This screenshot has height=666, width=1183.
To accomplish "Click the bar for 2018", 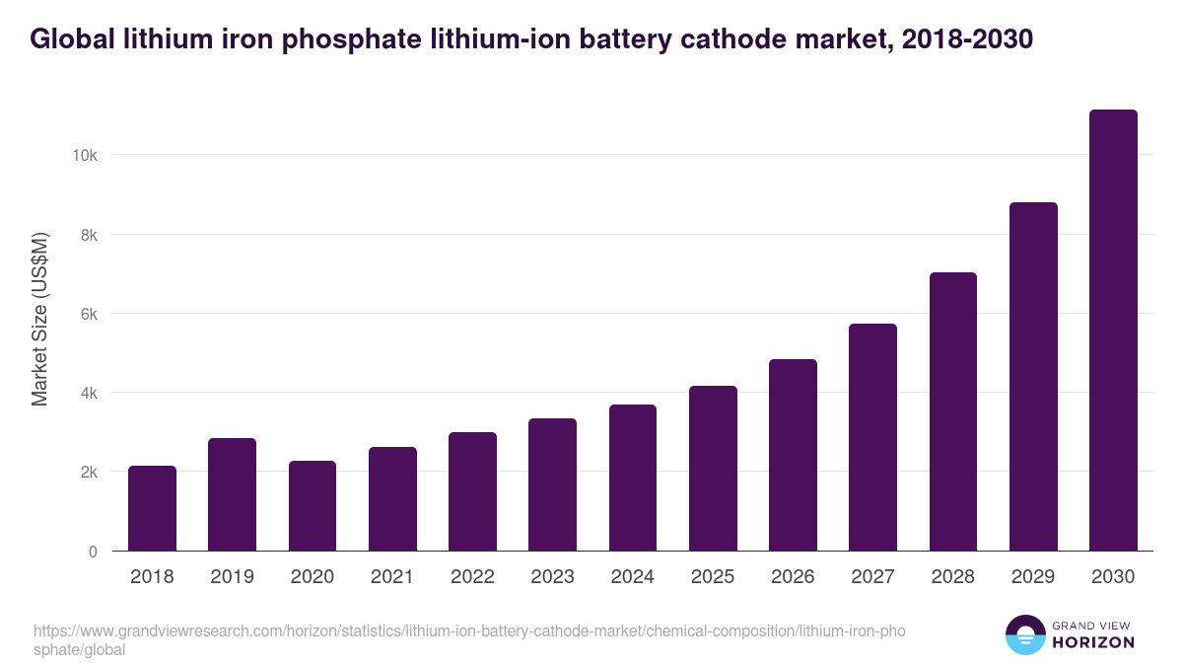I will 152,508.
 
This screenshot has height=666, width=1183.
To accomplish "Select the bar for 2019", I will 232,494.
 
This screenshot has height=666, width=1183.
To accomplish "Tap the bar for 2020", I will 313,506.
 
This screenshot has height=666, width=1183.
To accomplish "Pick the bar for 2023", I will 552,484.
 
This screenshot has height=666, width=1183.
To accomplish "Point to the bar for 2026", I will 793,455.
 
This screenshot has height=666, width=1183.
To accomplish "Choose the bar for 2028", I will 953,411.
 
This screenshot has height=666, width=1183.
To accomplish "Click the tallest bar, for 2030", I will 1113,331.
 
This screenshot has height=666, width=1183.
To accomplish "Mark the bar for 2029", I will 1033,377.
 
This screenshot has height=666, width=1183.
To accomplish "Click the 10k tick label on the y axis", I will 84,156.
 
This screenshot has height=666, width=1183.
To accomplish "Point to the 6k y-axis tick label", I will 87,314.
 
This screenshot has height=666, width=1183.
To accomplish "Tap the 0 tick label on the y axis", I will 93,552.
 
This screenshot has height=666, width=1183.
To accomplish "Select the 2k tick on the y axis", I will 87,473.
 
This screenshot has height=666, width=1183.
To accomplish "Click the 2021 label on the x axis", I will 392,577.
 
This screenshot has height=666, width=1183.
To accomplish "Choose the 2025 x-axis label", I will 713,577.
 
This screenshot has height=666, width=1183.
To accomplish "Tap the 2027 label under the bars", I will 872,577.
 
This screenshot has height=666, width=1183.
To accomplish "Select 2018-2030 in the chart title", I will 962,39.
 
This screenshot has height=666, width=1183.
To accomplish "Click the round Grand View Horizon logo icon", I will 1025,635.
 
